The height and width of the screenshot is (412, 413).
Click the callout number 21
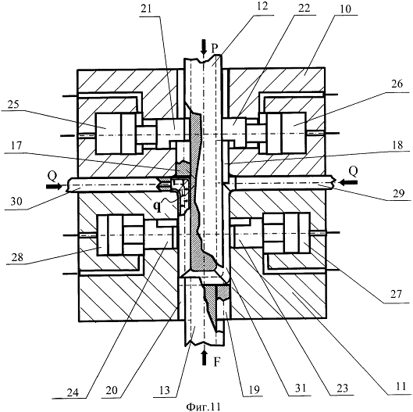[x=147, y=9]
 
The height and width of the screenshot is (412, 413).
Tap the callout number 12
[x=262, y=6]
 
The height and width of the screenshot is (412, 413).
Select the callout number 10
[x=345, y=9]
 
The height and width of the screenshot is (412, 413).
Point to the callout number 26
[x=397, y=84]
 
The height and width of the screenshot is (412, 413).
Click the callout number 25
[x=13, y=105]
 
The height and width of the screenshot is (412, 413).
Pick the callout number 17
[x=16, y=145]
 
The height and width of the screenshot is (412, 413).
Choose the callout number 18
[x=397, y=145]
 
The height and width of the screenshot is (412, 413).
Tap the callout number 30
[x=16, y=202]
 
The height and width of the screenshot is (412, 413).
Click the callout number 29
[x=397, y=193]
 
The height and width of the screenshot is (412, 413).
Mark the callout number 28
[x=17, y=256]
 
